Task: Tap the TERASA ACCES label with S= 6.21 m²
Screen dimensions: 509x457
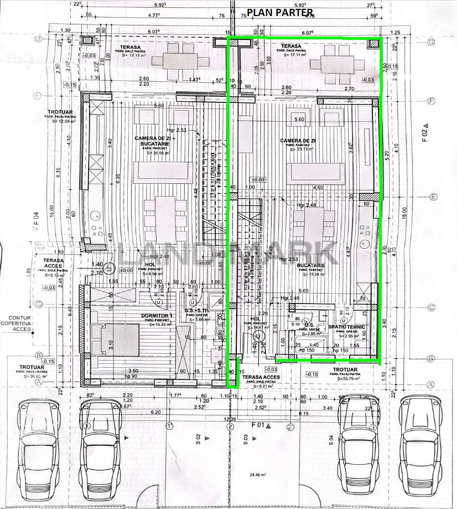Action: point(261,380)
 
